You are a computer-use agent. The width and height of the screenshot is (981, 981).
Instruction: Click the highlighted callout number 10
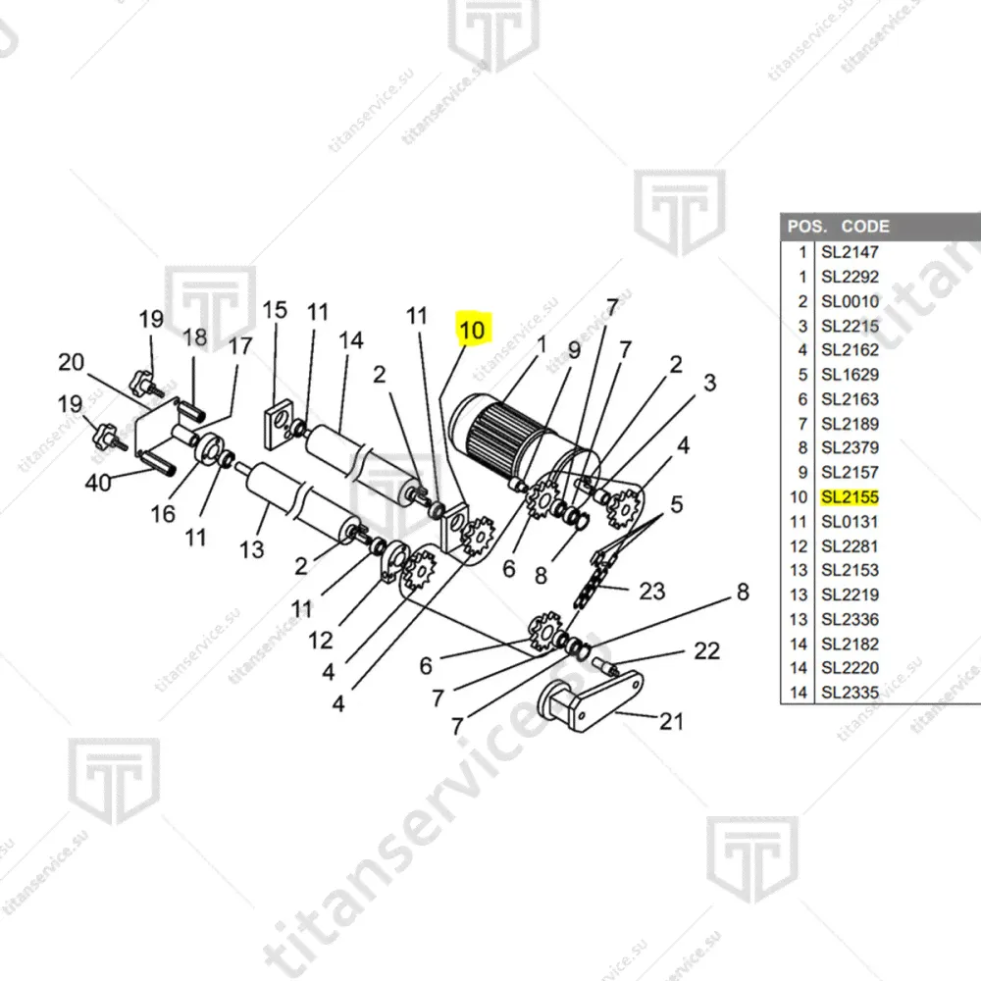tap(472, 331)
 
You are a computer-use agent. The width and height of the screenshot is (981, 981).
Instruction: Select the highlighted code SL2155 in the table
tap(850, 497)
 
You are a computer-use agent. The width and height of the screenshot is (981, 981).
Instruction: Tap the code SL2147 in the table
tap(850, 252)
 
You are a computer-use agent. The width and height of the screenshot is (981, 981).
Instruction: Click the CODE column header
tap(865, 227)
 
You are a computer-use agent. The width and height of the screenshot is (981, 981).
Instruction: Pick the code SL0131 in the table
tap(850, 522)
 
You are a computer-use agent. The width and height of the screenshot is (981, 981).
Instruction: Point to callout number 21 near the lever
tap(670, 722)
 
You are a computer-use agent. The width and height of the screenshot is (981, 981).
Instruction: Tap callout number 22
tap(706, 650)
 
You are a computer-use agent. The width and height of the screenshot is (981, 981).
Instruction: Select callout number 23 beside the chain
tap(651, 591)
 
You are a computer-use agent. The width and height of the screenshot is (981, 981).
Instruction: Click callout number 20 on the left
tap(71, 363)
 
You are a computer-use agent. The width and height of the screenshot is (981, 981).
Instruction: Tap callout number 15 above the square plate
tap(275, 311)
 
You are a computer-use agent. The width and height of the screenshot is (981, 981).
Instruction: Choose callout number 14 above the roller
tap(350, 340)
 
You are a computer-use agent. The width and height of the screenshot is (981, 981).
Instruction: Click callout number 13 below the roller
tap(251, 549)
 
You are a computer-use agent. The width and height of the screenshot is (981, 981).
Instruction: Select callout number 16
tap(163, 513)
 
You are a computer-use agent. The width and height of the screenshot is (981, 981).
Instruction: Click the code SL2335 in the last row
tap(850, 693)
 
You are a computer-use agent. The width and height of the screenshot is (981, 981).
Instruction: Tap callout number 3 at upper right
tap(708, 382)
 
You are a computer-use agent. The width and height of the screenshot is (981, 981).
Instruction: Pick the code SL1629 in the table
tap(850, 375)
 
